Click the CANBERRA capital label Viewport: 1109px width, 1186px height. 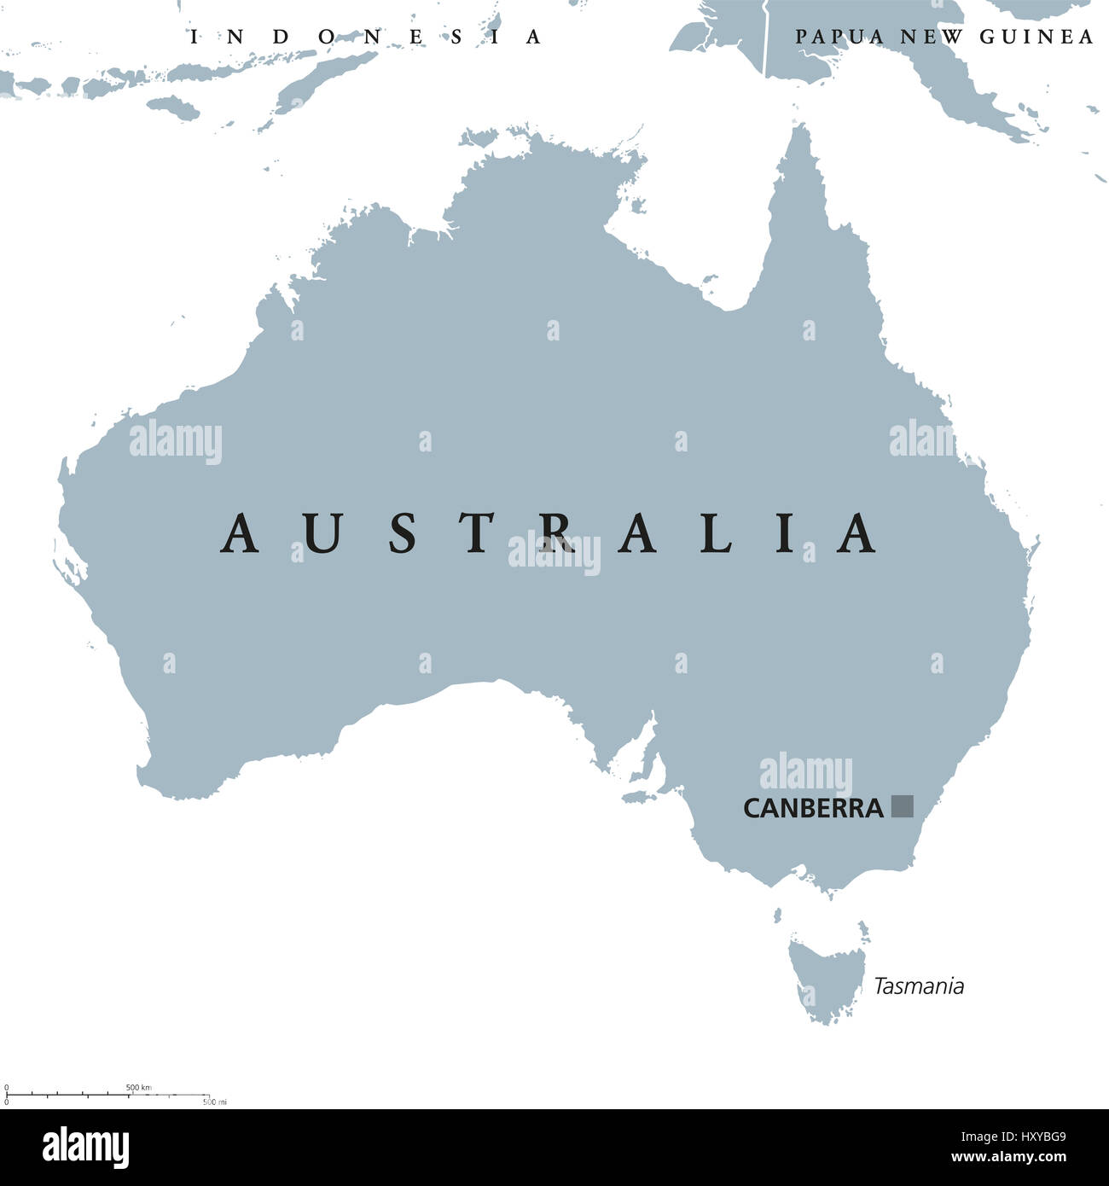click(813, 808)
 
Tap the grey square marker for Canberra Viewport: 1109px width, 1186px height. click(902, 806)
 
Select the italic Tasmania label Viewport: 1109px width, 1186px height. click(919, 986)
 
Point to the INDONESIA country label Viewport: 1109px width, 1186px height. click(366, 37)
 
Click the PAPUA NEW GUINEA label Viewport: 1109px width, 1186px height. click(944, 37)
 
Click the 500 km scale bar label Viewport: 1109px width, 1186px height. click(138, 1087)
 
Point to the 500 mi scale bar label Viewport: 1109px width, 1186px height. click(215, 1102)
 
